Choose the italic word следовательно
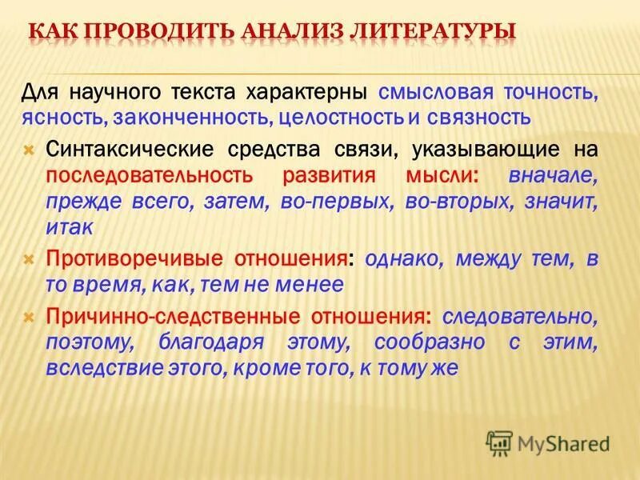pos(520,315)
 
